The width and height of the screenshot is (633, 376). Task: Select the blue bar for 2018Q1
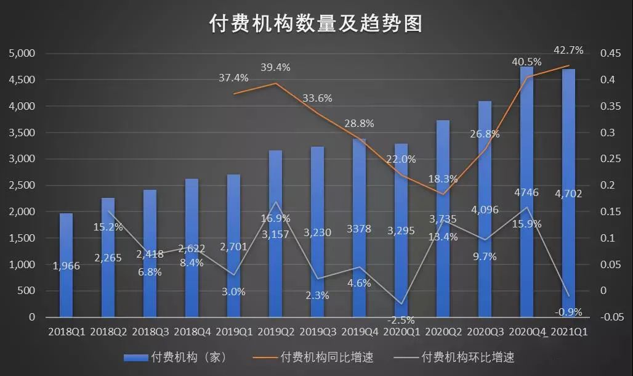coord(66,265)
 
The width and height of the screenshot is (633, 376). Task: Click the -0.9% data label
coord(568,312)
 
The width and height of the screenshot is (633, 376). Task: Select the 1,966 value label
coord(65,266)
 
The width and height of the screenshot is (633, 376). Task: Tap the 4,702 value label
coord(568,194)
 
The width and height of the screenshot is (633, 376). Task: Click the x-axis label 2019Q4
coord(360,332)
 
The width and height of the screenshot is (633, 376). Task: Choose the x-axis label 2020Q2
coord(443,332)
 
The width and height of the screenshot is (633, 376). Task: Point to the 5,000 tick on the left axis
coord(22,54)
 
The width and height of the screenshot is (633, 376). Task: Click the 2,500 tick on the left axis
coord(22,186)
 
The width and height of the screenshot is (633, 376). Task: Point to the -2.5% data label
coord(401,320)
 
